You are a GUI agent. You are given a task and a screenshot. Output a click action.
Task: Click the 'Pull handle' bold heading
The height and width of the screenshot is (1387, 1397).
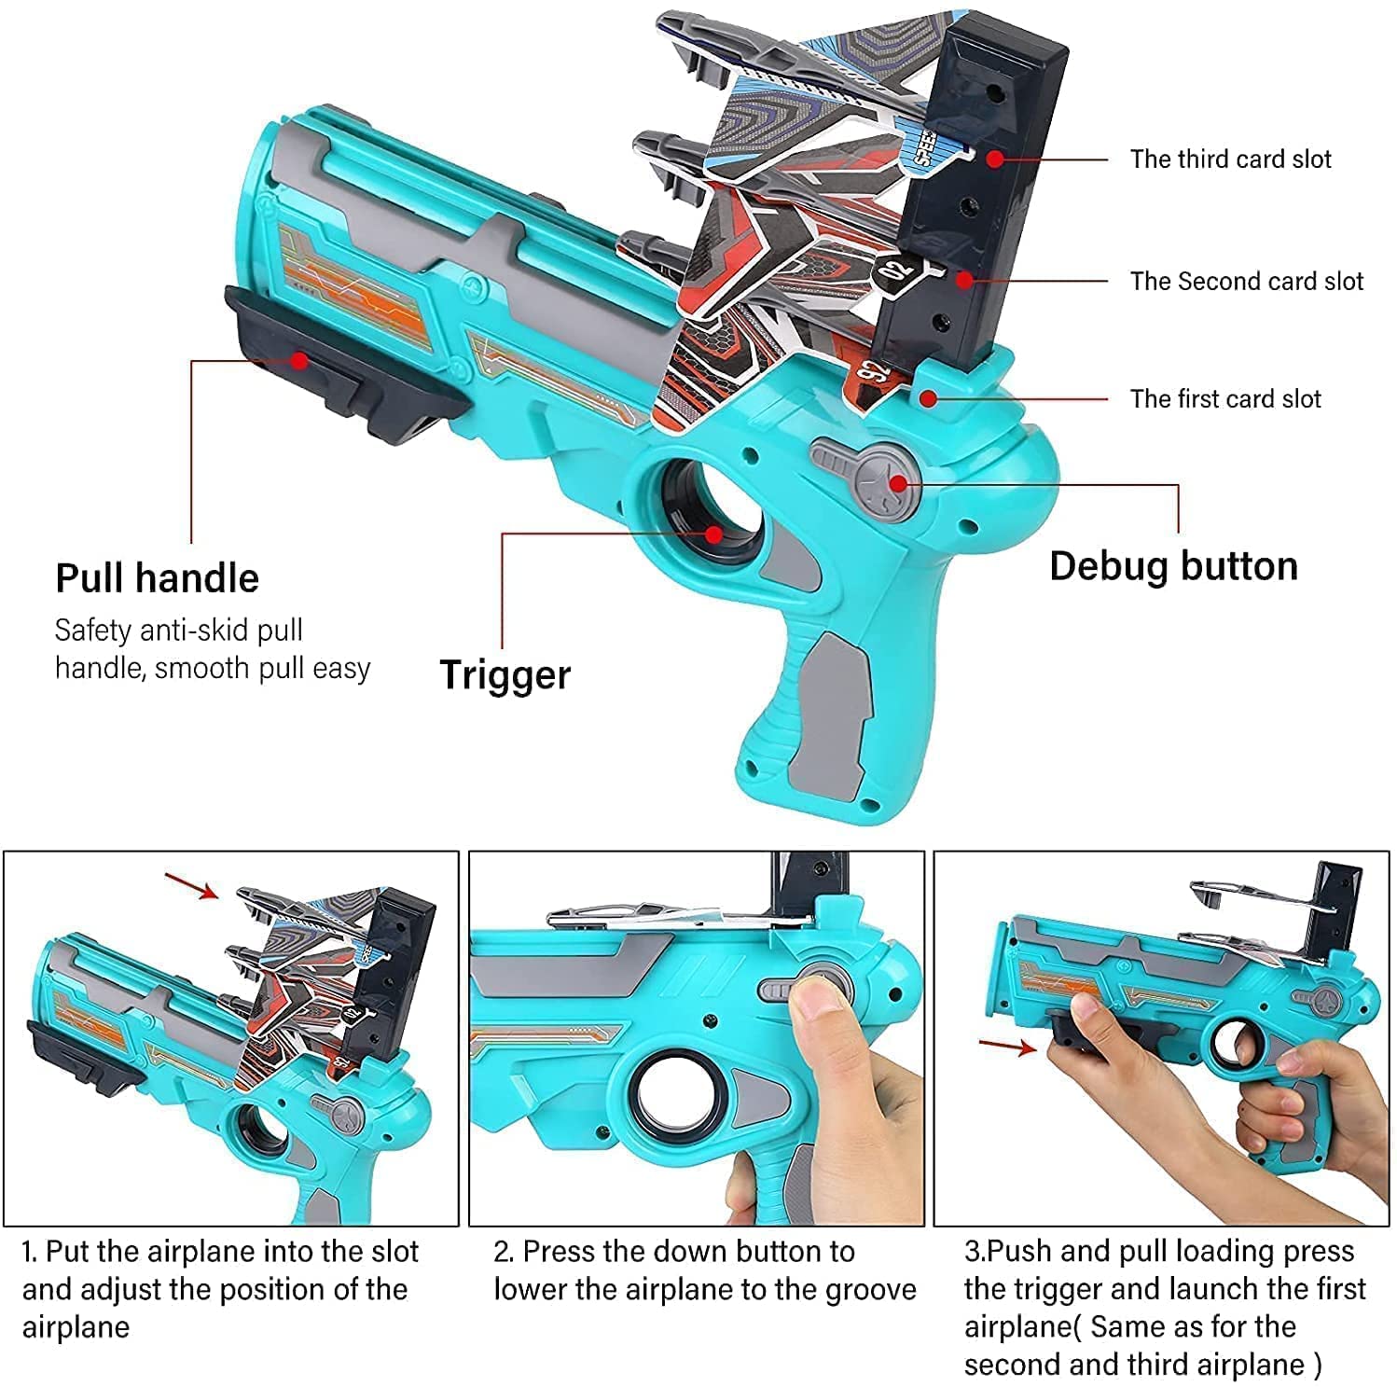pyautogui.click(x=157, y=578)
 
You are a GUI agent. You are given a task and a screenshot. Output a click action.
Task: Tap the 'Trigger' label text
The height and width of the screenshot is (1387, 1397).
pyautogui.click(x=505, y=674)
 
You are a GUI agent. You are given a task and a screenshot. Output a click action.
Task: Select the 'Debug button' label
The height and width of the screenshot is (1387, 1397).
pyautogui.click(x=1173, y=566)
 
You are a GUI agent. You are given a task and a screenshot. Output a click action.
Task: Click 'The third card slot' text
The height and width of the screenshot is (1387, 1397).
pyautogui.click(x=1230, y=160)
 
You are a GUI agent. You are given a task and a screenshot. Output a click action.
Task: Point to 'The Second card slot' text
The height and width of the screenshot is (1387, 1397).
pyautogui.click(x=1246, y=281)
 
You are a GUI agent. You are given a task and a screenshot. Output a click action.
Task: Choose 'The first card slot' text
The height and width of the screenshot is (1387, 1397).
pyautogui.click(x=1225, y=399)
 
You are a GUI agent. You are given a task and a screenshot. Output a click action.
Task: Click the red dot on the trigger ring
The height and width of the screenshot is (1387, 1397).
pyautogui.click(x=713, y=534)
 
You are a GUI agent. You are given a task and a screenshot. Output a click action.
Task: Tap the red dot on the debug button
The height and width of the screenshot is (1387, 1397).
pyautogui.click(x=898, y=482)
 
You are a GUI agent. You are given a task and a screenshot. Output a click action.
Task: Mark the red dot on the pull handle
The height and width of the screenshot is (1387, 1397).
pyautogui.click(x=298, y=359)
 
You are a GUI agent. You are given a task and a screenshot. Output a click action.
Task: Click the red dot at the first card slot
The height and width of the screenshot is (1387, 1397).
pyautogui.click(x=927, y=398)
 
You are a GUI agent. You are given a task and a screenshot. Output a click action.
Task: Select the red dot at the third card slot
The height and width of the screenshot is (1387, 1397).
pyautogui.click(x=995, y=159)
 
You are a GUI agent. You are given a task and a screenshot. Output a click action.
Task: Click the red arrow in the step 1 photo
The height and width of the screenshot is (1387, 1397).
pyautogui.click(x=191, y=885)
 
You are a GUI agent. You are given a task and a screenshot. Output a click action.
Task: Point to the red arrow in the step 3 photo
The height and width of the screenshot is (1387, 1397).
pyautogui.click(x=1007, y=1046)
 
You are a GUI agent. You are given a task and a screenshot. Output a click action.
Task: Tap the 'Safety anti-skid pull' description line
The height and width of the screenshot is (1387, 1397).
pyautogui.click(x=179, y=631)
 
